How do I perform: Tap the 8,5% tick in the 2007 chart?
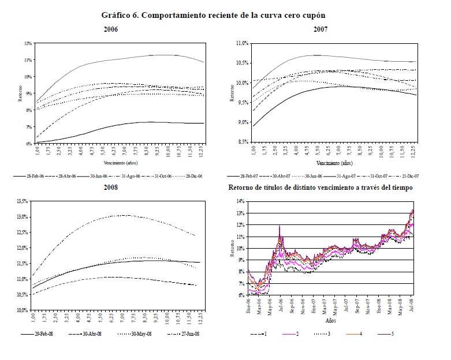click(x=241, y=142)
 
